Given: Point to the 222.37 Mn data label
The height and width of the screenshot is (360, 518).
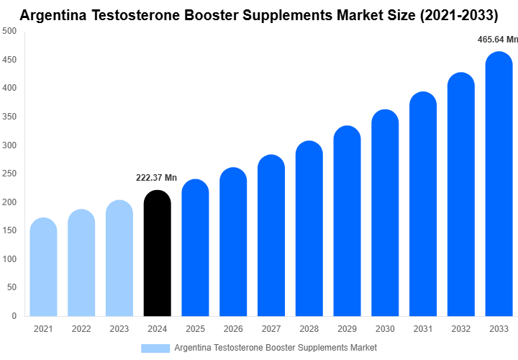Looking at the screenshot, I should pyautogui.click(x=158, y=178).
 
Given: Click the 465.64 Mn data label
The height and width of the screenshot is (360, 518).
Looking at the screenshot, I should pyautogui.click(x=497, y=40).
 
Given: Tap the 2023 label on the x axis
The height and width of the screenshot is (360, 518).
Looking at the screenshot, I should pyautogui.click(x=119, y=329).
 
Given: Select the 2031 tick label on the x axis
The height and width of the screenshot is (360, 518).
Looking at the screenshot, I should pyautogui.click(x=423, y=329).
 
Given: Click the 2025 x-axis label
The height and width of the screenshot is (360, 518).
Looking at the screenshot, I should pyautogui.click(x=195, y=329).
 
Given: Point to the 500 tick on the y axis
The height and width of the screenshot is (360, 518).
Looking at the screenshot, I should pyautogui.click(x=9, y=31).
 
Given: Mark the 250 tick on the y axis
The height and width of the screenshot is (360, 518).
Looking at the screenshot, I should pyautogui.click(x=9, y=174).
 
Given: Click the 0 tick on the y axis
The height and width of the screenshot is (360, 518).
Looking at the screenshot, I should pyautogui.click(x=14, y=315).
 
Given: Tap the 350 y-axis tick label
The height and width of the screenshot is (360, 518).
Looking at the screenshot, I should pyautogui.click(x=9, y=117).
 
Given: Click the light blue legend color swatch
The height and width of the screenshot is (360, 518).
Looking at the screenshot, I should pyautogui.click(x=155, y=348).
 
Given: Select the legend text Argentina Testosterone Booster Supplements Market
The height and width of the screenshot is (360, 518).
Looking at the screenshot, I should pyautogui.click(x=276, y=348).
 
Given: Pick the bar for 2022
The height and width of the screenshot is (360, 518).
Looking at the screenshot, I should pyautogui.click(x=81, y=263).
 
